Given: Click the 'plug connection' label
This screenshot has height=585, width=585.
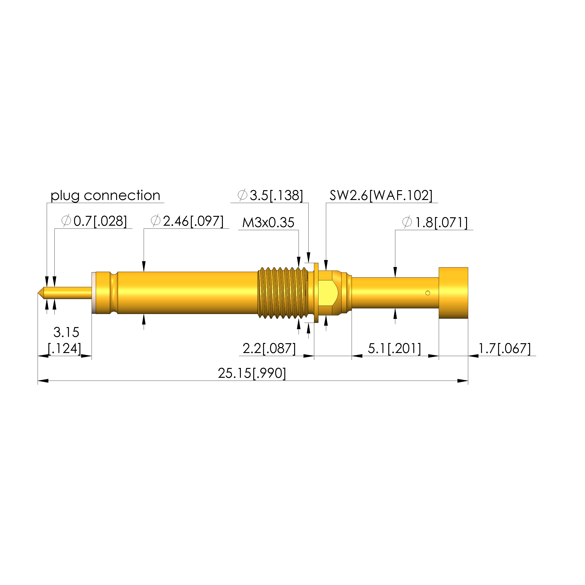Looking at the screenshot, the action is tap(105, 196).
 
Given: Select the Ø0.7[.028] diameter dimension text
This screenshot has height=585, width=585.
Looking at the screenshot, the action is tap(94, 221).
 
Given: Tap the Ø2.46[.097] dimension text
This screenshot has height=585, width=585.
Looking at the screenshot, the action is tap(187, 221).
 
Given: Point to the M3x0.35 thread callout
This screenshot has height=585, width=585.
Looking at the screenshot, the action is tap(268, 223).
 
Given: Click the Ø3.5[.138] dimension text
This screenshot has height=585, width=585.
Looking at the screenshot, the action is tap(270, 195).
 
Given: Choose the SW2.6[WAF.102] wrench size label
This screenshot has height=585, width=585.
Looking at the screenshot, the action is tap(381, 195).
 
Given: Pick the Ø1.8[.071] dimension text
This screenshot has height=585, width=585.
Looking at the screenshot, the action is tap(435, 223).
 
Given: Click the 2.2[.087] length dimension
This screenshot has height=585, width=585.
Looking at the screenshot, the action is tap(269, 349).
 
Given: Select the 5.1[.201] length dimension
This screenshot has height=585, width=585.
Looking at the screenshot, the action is tap(394, 349).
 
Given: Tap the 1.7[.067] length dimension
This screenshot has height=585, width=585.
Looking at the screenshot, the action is tap(504, 349).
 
